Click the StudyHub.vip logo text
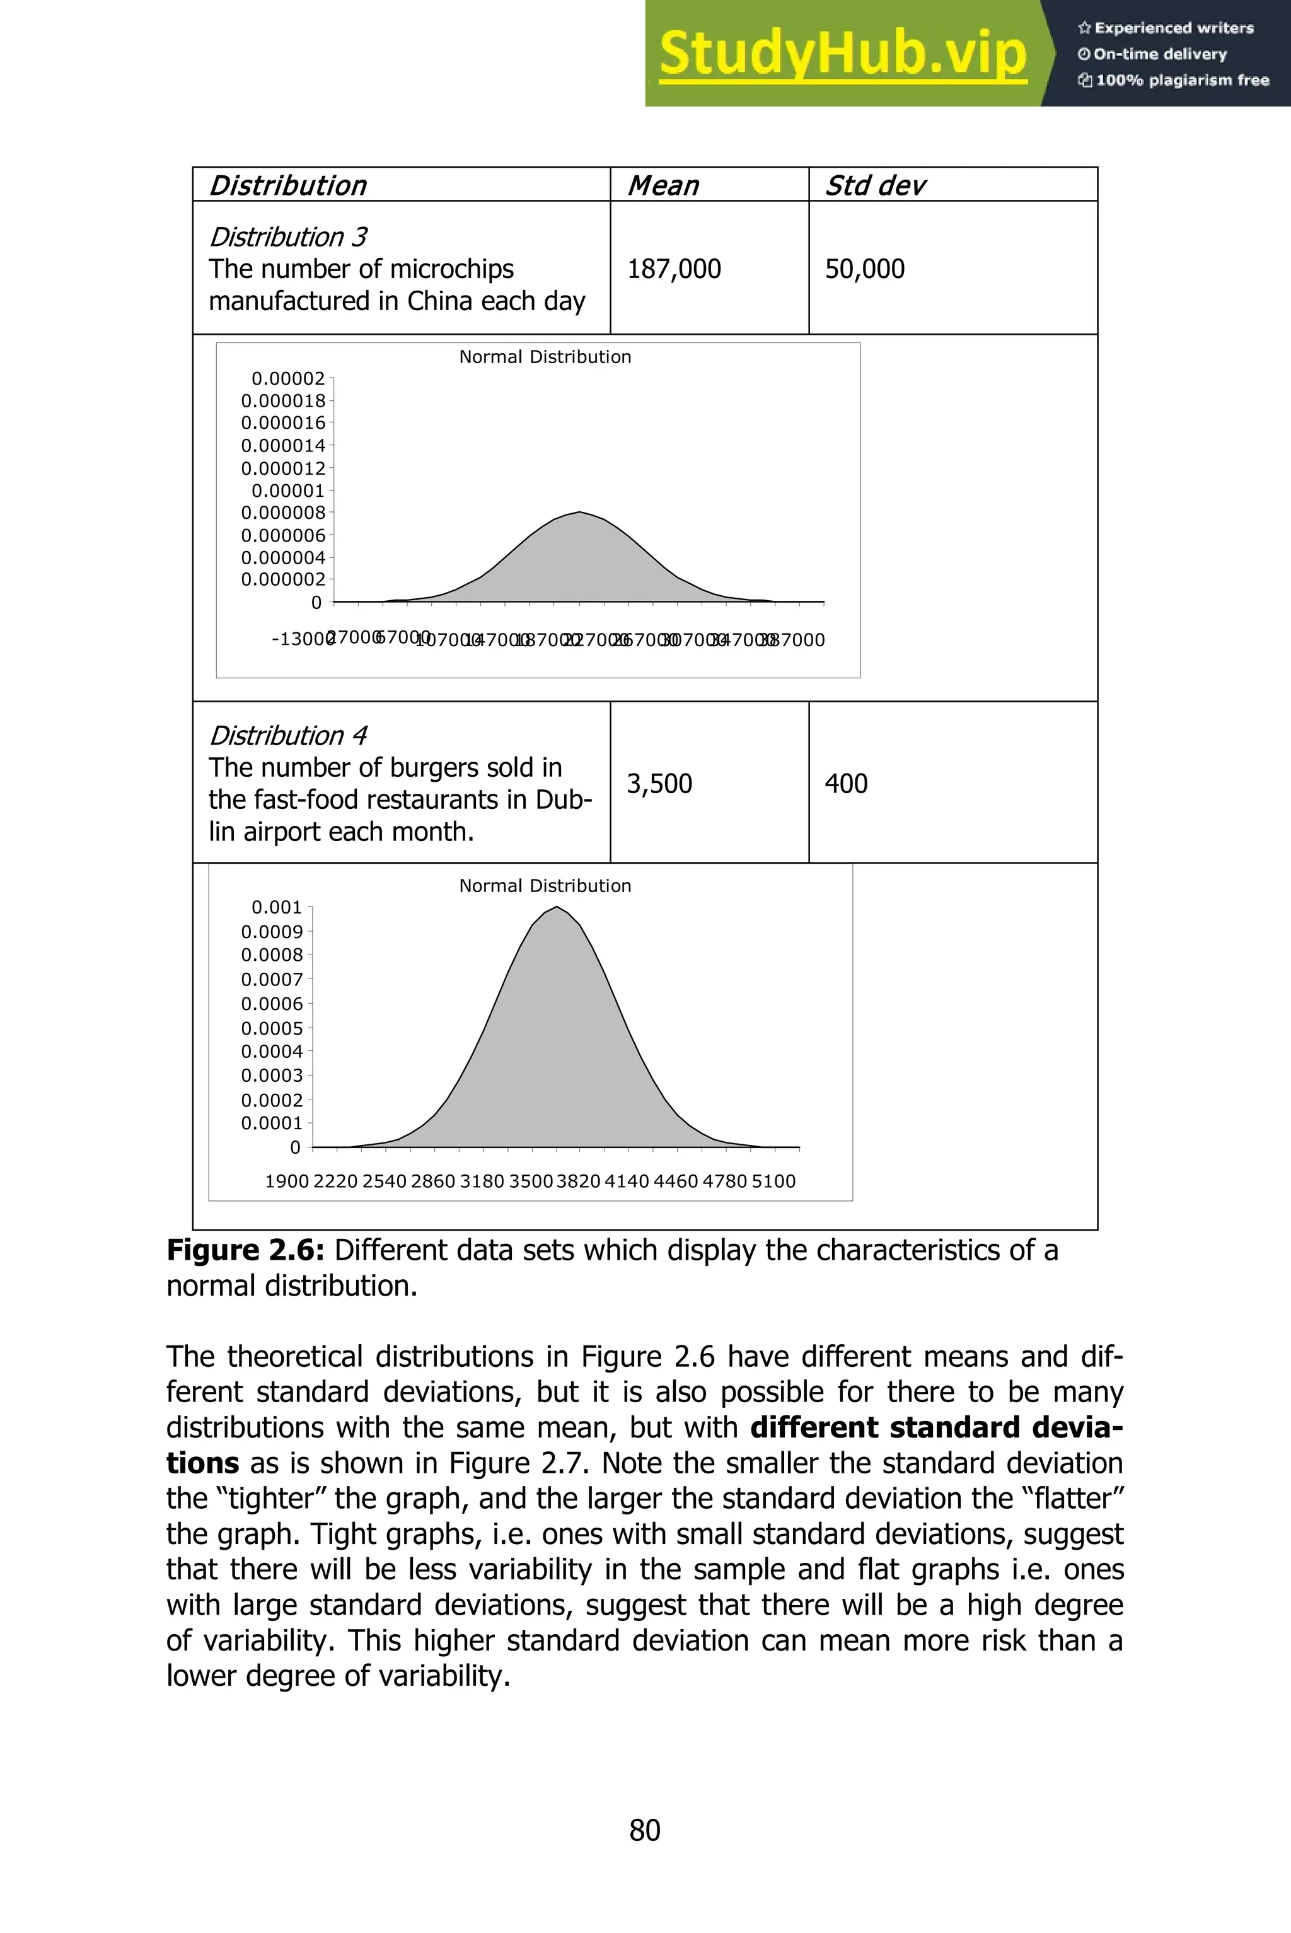[842, 54]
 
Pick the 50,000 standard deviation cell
[864, 269]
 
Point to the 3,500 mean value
[659, 784]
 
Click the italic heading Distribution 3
[287, 237]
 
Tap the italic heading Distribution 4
[287, 735]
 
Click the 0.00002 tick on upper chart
[288, 379]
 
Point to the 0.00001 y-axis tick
[288, 491]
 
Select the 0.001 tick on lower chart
[277, 907]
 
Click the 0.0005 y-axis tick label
[272, 1028]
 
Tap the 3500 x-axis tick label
[530, 1181]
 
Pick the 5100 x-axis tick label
[773, 1181]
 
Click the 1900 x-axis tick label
[287, 1181]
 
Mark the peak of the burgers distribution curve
[557, 908]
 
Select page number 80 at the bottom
[645, 1830]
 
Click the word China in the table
[441, 301]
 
